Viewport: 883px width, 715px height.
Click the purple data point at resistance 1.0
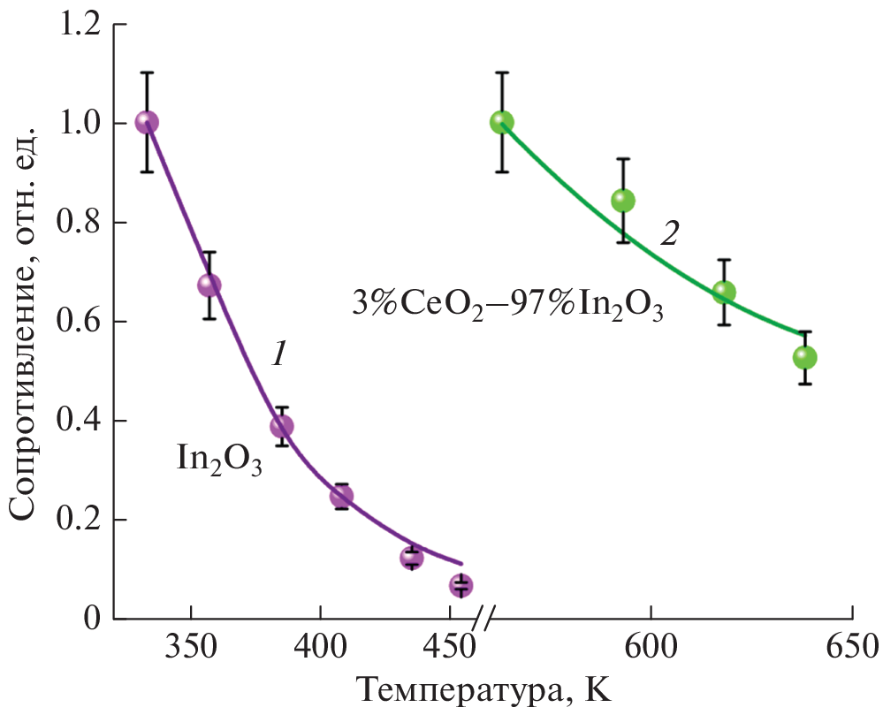click(147, 122)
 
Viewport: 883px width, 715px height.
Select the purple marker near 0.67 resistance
click(209, 285)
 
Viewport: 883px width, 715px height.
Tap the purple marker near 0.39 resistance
click(281, 426)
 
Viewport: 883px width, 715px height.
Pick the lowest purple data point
click(461, 585)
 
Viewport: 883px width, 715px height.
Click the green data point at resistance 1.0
click(502, 122)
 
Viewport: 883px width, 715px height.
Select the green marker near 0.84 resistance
click(623, 201)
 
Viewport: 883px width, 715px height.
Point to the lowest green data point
click(804, 357)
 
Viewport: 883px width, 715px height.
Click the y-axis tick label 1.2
click(79, 24)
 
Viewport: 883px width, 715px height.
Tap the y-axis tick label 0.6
click(79, 322)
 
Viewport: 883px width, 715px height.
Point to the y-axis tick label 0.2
click(79, 520)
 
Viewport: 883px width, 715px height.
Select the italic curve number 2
click(669, 234)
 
